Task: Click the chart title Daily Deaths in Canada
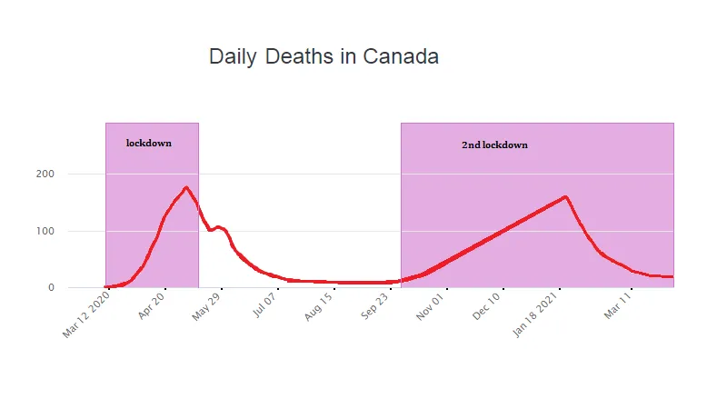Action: coord(324,56)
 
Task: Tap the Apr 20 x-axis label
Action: coord(152,308)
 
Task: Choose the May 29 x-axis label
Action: coord(207,308)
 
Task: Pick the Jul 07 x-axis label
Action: coord(264,307)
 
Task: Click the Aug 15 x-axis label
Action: coord(320,308)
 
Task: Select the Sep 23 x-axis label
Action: coord(377,308)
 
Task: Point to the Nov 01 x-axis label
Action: coord(433,308)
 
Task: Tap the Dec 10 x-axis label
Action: coord(490,308)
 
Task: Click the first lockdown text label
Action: coord(149,143)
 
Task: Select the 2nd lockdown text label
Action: coord(494,145)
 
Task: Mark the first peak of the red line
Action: coord(186,188)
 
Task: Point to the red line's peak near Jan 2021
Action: coord(565,196)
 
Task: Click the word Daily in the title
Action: coord(234,56)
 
